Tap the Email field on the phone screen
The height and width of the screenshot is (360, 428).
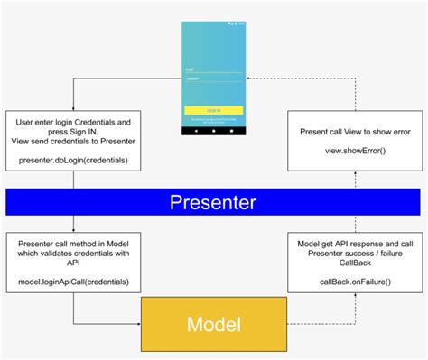pos(214,68)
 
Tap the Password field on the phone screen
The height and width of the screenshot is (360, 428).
pos(214,80)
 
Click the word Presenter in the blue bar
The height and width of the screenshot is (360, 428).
pos(213,202)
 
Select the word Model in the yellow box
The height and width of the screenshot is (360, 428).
pos(213,323)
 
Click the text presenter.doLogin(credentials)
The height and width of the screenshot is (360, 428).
pos(72,161)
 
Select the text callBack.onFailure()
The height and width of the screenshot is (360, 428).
pos(355,281)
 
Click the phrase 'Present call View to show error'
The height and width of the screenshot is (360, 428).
pos(355,132)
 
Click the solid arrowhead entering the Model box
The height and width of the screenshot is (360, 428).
pos(136,323)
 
